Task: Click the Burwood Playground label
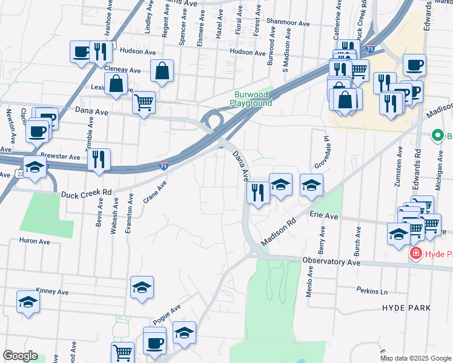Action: pos(253,99)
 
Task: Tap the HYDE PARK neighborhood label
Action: pos(406,308)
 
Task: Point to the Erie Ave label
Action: pos(322,215)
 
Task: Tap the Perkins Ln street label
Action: pos(371,291)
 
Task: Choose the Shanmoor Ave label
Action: pos(287,23)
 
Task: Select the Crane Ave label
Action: pos(154,191)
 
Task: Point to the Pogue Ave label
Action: pos(167,313)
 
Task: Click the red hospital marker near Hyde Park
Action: pos(416,253)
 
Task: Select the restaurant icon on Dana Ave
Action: pos(259,192)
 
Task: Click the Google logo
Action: pos(20,356)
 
